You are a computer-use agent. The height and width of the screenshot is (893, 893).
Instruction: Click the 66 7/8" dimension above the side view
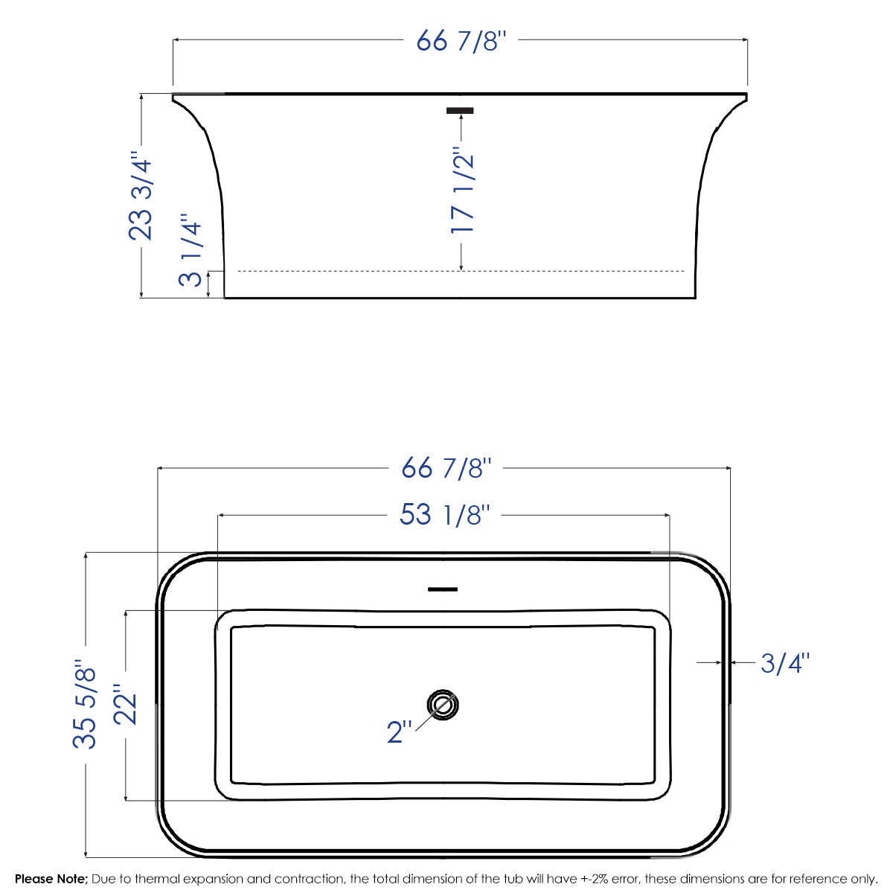pos(461,40)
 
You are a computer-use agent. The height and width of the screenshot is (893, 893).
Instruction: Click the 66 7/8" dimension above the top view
pos(446,468)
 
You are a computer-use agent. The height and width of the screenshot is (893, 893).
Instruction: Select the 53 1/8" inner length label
pos(445,514)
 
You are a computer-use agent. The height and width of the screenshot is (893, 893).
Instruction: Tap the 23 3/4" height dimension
pos(141,196)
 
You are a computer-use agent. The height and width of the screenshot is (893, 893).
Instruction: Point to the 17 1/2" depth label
pos(462,193)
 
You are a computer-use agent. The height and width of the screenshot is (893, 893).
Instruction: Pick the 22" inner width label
pos(126,704)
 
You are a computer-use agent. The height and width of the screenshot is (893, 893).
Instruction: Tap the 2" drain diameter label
pos(399,732)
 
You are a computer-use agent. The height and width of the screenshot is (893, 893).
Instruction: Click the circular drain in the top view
pos(443,705)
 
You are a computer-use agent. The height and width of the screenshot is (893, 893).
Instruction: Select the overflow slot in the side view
pos(460,111)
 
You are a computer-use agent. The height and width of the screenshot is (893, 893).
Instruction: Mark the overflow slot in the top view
pos(443,589)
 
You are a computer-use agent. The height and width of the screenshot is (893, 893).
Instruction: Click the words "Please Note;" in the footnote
pos(51,879)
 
